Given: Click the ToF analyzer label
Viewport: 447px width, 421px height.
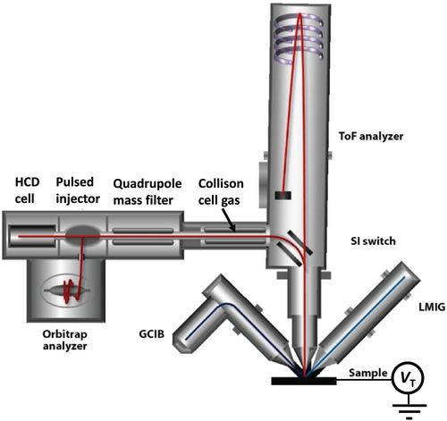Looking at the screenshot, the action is click(x=371, y=137).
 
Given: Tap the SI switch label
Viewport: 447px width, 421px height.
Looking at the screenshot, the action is click(x=373, y=240).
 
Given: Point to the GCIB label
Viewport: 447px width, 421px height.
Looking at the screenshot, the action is click(x=152, y=334).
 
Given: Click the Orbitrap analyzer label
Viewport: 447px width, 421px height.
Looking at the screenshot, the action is click(x=65, y=340).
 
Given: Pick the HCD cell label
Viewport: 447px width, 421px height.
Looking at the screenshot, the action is click(x=27, y=190).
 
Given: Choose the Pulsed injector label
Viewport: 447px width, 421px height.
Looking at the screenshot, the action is click(x=78, y=190).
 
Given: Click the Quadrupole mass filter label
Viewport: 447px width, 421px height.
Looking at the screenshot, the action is click(x=148, y=192).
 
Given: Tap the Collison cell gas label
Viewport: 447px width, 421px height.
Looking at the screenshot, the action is click(x=221, y=192).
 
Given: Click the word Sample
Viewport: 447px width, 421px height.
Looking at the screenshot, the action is click(x=368, y=373).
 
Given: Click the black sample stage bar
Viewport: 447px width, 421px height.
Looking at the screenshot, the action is click(x=304, y=381).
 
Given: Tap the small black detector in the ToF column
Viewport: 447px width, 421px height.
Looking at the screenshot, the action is click(x=283, y=196).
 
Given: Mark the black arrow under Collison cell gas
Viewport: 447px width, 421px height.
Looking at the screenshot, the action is click(x=228, y=219).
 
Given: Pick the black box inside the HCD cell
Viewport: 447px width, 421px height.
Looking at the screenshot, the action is click(x=32, y=236).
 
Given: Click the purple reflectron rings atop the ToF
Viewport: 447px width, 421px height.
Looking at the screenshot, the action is click(x=299, y=39).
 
